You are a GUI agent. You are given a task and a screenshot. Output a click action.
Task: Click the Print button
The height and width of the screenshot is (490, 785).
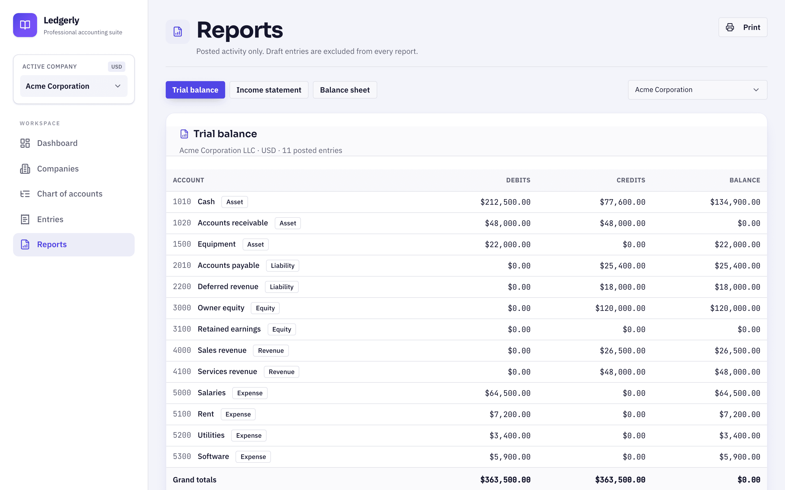point(742,27)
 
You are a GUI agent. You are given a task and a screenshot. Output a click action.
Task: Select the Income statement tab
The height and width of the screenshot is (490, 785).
point(268,90)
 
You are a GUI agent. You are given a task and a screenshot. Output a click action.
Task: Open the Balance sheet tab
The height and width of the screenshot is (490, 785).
point(345,90)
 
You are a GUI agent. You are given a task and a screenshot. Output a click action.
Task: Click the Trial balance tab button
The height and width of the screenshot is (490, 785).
point(195,90)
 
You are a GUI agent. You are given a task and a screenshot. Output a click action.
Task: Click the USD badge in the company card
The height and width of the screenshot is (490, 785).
point(116,67)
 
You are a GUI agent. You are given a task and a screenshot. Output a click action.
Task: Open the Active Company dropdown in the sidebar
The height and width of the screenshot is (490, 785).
point(74,86)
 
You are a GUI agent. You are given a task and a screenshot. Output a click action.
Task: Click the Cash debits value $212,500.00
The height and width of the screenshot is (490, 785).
point(505,202)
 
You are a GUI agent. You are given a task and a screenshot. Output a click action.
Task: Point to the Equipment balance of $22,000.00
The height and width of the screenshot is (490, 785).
point(737,245)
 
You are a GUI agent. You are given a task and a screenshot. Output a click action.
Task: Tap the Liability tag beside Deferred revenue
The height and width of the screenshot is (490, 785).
point(282,287)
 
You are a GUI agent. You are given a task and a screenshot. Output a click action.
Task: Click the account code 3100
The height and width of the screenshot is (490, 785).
point(182,329)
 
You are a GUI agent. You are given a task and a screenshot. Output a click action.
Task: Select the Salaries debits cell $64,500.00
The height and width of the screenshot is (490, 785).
point(508,393)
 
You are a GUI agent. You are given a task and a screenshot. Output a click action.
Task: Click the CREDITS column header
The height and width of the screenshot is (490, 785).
point(631,180)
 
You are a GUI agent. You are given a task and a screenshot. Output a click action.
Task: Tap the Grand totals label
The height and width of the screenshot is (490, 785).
point(195,480)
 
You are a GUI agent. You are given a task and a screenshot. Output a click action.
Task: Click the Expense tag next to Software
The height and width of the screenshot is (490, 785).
point(253,457)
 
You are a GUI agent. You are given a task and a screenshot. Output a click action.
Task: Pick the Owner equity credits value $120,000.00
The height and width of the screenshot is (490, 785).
point(620,308)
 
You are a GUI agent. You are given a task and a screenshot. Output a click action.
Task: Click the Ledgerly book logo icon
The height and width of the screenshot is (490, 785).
point(25,25)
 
